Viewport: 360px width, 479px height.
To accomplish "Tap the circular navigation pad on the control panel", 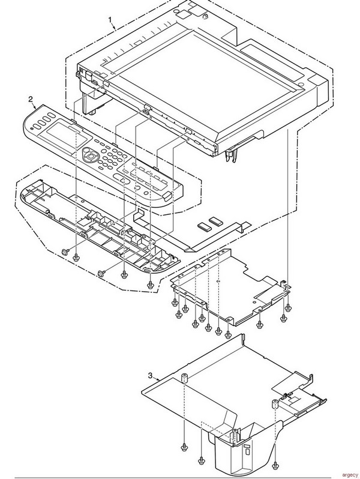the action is coord(90,155).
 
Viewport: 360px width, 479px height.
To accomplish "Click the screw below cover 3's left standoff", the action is coord(183,448).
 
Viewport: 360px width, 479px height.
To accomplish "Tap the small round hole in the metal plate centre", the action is coord(219,280).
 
